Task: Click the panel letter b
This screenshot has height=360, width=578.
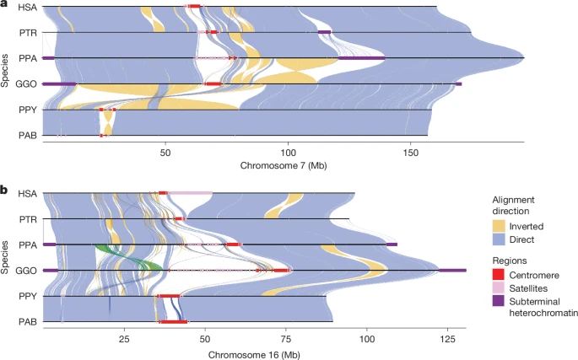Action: [x=5, y=191]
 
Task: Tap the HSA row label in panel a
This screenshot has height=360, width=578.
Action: [x=27, y=8]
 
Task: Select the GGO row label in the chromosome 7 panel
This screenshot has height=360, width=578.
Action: [x=26, y=84]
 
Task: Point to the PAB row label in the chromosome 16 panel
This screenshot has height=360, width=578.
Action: [x=27, y=322]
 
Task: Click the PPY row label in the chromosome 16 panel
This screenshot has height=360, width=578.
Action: [x=27, y=297]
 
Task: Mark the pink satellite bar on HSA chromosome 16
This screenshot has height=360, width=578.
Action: [x=189, y=193]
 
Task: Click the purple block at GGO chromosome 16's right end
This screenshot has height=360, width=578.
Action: [x=452, y=270]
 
